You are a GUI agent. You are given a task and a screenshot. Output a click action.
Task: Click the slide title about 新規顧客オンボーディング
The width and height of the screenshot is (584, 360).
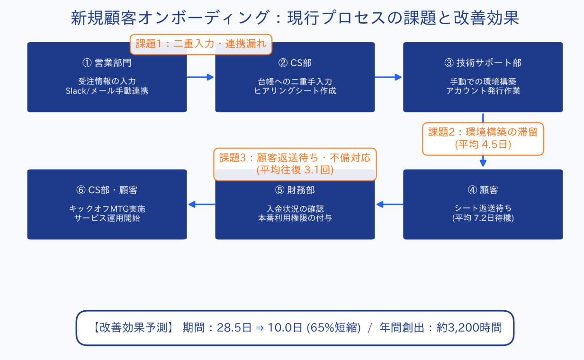click(295, 18)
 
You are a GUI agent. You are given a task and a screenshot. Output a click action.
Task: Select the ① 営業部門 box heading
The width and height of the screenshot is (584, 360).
click(107, 63)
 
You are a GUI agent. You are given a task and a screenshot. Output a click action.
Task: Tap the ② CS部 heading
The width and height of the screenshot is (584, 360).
click(295, 63)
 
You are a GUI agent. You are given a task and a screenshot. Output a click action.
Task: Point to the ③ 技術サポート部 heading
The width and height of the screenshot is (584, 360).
click(483, 63)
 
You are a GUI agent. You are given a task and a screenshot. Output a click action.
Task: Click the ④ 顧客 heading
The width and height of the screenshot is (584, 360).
click(483, 190)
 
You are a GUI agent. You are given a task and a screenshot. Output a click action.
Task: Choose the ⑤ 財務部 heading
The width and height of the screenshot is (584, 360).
click(295, 190)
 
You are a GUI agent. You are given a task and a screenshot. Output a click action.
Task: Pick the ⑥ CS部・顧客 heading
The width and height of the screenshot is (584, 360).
click(107, 190)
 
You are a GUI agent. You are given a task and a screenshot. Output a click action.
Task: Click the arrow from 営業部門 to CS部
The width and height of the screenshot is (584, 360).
click(200, 77)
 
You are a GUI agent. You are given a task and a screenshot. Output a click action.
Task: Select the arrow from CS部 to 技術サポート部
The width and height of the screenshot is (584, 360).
click(388, 77)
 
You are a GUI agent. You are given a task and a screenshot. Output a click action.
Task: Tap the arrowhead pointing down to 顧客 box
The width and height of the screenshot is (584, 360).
click(483, 162)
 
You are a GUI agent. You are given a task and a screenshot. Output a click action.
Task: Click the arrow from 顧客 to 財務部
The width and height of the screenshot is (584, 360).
click(389, 204)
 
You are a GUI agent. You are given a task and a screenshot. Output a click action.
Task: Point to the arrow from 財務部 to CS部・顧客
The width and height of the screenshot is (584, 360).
click(201, 204)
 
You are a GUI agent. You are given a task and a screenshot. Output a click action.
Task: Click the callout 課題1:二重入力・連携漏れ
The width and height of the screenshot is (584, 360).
click(201, 44)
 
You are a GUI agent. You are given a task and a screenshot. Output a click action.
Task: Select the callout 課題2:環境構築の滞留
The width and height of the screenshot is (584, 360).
click(483, 139)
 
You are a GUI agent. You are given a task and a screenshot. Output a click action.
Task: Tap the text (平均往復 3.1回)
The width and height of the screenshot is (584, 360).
click(295, 170)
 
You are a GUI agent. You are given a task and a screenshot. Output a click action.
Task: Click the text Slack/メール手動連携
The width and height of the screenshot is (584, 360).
click(107, 91)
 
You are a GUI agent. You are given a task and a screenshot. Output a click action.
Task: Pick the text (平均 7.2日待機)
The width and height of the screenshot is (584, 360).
click(483, 218)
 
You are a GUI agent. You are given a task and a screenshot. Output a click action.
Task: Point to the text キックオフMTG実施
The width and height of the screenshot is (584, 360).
click(107, 208)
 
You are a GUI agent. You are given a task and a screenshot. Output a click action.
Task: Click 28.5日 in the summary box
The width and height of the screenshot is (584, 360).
click(234, 327)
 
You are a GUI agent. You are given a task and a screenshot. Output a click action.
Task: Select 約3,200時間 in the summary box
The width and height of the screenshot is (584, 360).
click(469, 327)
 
